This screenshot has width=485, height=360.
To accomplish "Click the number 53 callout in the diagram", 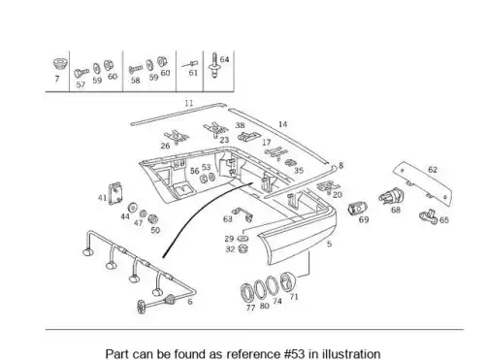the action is pos(206,167).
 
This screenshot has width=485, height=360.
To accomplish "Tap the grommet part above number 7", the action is pos(60,64).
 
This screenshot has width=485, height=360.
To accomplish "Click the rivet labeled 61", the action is pos(189,64).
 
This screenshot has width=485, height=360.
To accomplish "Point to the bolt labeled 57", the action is pos(81,73).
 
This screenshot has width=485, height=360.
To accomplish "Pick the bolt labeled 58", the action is pos(135,69).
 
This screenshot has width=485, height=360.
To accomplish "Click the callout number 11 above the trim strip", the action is pos(189,103).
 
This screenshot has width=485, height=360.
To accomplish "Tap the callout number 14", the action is pos(282,124).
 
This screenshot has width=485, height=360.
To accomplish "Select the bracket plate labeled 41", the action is pos(115,194).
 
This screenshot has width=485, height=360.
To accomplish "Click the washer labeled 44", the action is pos(132,208).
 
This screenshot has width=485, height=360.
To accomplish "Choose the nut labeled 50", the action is pos(152,219).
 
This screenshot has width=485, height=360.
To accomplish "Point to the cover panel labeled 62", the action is pos(423,184).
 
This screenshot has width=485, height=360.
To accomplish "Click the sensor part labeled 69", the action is pos(358,208).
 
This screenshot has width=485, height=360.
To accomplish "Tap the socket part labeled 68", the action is pos(392,196).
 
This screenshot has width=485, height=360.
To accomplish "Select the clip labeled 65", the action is pos(428,216).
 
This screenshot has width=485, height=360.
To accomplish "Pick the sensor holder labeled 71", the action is pos(287,281).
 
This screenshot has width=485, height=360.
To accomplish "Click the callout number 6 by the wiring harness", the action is pos(190,302).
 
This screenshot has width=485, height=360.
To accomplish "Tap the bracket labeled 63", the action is pos(242,214).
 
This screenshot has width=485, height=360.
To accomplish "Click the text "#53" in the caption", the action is pos(294,354).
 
